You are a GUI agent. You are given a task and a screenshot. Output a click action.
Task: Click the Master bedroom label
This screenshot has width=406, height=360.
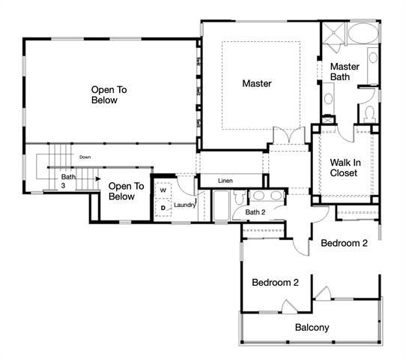pyautogui.click(x=257, y=83)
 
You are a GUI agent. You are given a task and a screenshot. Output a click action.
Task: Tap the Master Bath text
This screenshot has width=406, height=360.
pyautogui.click(x=345, y=71)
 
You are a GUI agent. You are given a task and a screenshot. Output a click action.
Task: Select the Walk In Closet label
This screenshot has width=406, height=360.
pyautogui.click(x=344, y=167)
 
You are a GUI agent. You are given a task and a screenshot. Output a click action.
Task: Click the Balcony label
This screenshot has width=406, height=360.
pyautogui.click(x=312, y=328)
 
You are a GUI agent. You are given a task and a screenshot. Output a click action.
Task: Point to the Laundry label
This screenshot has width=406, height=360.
pyautogui.click(x=184, y=205)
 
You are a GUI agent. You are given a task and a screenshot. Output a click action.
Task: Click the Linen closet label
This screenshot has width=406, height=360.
pyautogui.click(x=225, y=181)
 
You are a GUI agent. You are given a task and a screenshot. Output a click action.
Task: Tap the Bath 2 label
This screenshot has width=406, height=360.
pyautogui.click(x=255, y=211)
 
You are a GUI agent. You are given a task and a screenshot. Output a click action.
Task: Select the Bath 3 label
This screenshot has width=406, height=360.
pyautogui.click(x=68, y=181)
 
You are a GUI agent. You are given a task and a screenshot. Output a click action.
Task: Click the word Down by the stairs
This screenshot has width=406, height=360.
pyautogui.click(x=85, y=157)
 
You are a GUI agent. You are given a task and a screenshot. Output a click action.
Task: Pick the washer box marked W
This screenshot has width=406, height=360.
pyautogui.click(x=163, y=190)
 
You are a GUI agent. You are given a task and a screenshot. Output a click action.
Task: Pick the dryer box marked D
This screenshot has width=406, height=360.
pyautogui.click(x=163, y=208)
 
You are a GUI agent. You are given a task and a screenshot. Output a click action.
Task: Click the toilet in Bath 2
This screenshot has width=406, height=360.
pyautogui.click(x=238, y=197)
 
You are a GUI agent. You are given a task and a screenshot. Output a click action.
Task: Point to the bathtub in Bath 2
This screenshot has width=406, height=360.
pyautogui.click(x=221, y=205)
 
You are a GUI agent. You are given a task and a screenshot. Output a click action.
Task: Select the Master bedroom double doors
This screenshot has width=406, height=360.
pyautogui.click(x=288, y=136)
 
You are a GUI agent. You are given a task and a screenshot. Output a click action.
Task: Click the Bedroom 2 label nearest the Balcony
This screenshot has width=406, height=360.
pyautogui.click(x=275, y=283)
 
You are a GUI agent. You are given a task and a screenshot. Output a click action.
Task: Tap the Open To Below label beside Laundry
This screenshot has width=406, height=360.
pyautogui.click(x=121, y=191)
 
